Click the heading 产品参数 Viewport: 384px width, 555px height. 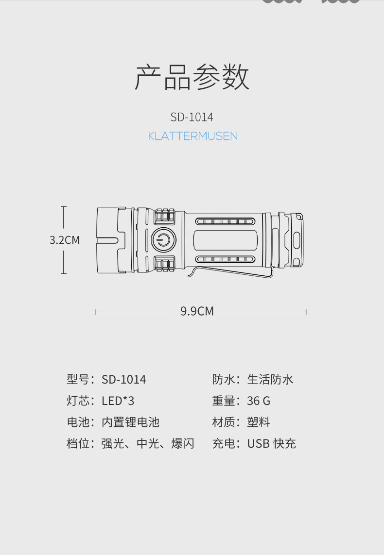coord(192,77)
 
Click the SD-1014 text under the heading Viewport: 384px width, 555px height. coord(192,117)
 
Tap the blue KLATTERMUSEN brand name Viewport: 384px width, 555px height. coord(192,136)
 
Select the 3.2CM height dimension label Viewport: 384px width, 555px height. coord(65,240)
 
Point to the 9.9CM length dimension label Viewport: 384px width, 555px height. coord(197,311)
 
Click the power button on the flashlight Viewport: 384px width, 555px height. coord(164,240)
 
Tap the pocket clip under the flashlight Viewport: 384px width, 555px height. coord(230,271)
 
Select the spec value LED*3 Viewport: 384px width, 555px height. coord(118,401)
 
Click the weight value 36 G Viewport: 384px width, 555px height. coord(259,401)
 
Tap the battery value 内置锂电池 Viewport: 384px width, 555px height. coord(130,422)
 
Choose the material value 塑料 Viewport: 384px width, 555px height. coord(259,422)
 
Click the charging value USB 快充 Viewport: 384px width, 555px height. coord(271,443)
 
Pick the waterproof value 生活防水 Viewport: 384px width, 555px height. coord(270,379)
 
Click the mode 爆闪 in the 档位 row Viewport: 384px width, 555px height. coord(183,443)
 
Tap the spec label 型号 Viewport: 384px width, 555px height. coord(78,379)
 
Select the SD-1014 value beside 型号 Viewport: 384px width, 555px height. coord(123,379)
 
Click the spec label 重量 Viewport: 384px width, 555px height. coord(224,401)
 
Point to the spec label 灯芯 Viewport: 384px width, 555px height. coord(78,401)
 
